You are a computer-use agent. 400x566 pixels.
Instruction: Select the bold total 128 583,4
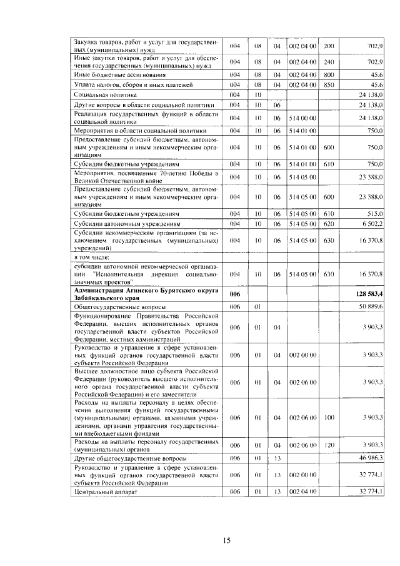tap(369, 294)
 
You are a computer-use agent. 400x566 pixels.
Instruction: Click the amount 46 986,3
tap(371, 458)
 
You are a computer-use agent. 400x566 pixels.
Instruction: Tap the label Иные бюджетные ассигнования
tap(113, 74)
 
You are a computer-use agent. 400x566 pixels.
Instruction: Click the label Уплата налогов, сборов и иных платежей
tap(125, 84)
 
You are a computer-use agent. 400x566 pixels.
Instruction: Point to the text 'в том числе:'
tap(92, 257)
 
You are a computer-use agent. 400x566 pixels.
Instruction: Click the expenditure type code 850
tap(329, 84)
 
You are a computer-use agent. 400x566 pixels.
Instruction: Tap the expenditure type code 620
tap(329, 223)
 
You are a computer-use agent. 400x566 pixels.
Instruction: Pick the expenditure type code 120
tap(329, 445)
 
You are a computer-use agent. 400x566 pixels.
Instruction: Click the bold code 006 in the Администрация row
tap(235, 294)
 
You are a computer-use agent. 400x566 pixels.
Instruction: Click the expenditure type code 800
tap(329, 74)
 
